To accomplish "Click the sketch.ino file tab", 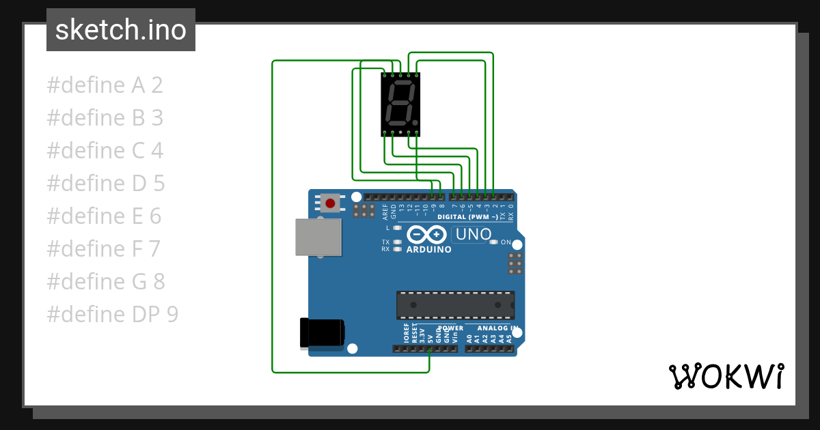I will pyautogui.click(x=121, y=30).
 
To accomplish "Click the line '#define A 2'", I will pyautogui.click(x=105, y=85).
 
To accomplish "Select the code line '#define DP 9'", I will pyautogui.click(x=112, y=315).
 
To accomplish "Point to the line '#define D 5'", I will pyautogui.click(x=105, y=184).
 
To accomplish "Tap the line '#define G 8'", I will pyautogui.click(x=105, y=282).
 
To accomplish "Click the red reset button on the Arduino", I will pyautogui.click(x=331, y=203).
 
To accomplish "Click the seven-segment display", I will pyautogui.click(x=400, y=104).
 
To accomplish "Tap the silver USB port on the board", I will pyautogui.click(x=318, y=237).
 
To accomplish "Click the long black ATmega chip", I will pyautogui.click(x=456, y=305).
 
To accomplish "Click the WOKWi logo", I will pyautogui.click(x=726, y=376).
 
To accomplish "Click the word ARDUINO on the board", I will pyautogui.click(x=429, y=250).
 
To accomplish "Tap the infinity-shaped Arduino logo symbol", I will pyautogui.click(x=426, y=235).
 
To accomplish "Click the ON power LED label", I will pyautogui.click(x=506, y=242).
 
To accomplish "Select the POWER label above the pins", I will pyautogui.click(x=450, y=328).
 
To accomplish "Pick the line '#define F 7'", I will pyautogui.click(x=103, y=249).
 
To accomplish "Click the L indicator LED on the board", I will pyautogui.click(x=397, y=228).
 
